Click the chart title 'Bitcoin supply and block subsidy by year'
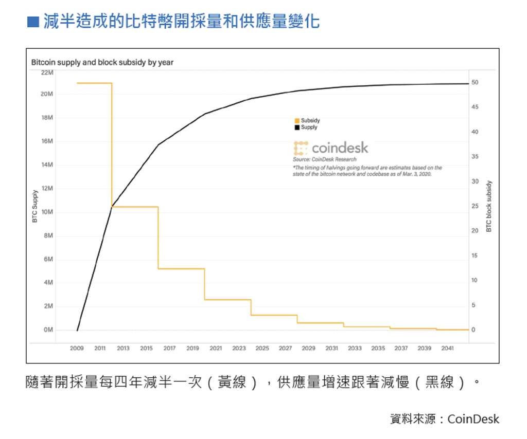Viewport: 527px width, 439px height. point(102,62)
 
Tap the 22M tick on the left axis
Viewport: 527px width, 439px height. point(47,72)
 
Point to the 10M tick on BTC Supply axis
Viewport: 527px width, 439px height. point(47,212)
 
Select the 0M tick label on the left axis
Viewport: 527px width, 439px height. point(48,330)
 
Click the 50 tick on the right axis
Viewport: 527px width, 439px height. point(475,82)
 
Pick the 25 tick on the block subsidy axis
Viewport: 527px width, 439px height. point(475,206)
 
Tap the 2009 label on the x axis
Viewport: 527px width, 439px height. point(77,348)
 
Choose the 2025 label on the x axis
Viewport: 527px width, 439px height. point(262,348)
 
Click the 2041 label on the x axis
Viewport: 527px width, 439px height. point(447,348)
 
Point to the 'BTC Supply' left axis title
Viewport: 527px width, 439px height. point(35,206)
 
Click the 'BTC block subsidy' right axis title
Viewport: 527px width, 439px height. point(489,206)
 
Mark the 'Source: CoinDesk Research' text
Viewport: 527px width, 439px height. point(324,159)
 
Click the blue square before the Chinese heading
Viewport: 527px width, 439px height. point(33,22)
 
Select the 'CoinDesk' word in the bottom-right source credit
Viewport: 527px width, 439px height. point(473,419)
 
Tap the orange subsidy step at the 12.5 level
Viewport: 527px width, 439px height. point(181,268)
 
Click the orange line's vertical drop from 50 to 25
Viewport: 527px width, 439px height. point(112,144)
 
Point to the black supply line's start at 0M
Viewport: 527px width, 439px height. point(77,330)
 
